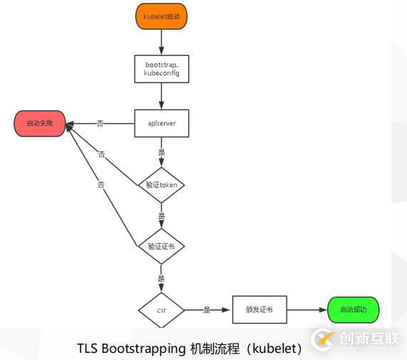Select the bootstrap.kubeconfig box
161,68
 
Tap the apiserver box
161,123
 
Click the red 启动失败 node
40,123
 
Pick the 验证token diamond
161,185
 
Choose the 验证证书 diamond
161,246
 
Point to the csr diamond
161,311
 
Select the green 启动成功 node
354,311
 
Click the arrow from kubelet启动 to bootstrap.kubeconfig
161,41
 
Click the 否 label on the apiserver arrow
100,123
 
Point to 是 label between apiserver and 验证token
161,152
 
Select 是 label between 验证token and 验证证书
161,215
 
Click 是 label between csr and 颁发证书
207,311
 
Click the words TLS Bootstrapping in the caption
131,349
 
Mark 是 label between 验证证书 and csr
161,279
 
